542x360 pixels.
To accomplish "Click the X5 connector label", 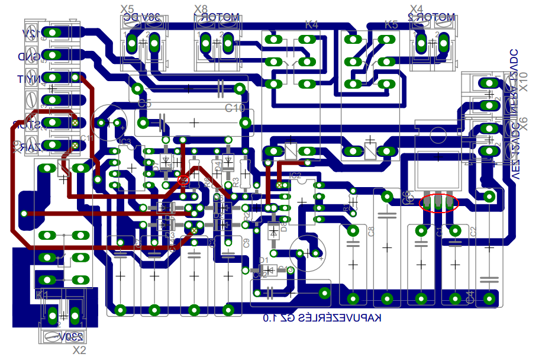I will pyautogui.click(x=127, y=9).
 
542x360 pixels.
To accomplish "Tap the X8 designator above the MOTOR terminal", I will pyautogui.click(x=201, y=9).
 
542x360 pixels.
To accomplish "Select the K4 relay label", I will pyautogui.click(x=311, y=25).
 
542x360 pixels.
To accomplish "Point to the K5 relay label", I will pyautogui.click(x=391, y=25).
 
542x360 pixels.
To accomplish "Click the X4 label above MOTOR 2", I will pyautogui.click(x=417, y=9).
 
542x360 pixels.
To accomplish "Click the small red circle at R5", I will pyautogui.click(x=183, y=179).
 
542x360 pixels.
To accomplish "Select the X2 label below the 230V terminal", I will pyautogui.click(x=79, y=350).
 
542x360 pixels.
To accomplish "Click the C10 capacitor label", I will pyautogui.click(x=235, y=108).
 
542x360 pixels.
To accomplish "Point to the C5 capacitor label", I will pyautogui.click(x=144, y=104).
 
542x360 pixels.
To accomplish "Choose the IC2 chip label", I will pyautogui.click(x=295, y=176).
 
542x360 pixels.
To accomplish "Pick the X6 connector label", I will pyautogui.click(x=523, y=123).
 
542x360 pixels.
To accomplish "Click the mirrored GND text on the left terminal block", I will pyautogui.click(x=31, y=57).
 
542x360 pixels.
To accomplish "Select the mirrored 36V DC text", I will pyautogui.click(x=142, y=18).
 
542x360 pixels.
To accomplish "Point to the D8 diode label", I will pyautogui.click(x=283, y=224).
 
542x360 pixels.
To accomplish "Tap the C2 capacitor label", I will pyautogui.click(x=473, y=232).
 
